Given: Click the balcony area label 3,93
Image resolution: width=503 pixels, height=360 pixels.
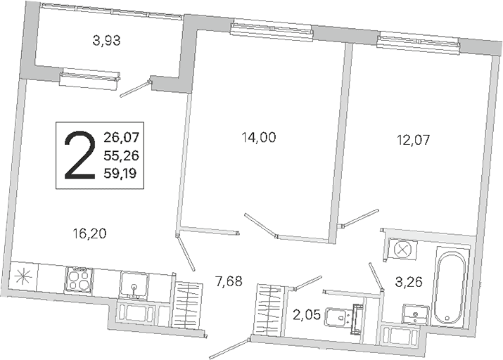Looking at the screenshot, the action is pos(106,41).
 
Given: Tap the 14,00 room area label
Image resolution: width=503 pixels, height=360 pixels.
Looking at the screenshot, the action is pos(259,138).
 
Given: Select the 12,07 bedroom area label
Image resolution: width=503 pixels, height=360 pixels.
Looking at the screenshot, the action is pos(413,140).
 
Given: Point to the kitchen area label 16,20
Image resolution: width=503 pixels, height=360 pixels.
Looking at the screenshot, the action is pos(89,233).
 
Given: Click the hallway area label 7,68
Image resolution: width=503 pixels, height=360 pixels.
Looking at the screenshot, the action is pos(229,281).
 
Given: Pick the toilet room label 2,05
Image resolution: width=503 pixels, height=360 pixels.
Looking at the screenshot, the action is pos(307,315).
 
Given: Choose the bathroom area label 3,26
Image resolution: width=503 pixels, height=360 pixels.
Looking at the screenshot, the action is pos(408,282).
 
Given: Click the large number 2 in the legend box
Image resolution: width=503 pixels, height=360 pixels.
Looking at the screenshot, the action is pos(80,155).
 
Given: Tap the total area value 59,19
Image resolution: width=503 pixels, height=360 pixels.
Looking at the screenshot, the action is pos(120,174).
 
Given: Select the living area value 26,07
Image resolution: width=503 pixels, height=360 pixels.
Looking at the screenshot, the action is pos(121,138).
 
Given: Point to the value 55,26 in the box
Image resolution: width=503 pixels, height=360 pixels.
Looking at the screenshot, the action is pos(121,155).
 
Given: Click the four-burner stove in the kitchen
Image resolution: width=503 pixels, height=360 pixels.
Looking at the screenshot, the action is pos(79,280).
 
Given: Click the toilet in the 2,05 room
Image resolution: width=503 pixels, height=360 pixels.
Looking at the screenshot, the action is pos(343,317).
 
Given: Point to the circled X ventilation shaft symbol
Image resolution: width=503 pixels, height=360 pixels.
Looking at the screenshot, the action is pos(402,249).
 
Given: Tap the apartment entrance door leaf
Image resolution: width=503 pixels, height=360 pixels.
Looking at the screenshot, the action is pos(229,349).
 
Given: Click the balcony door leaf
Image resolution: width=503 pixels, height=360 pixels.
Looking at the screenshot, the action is pos(135,89).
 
